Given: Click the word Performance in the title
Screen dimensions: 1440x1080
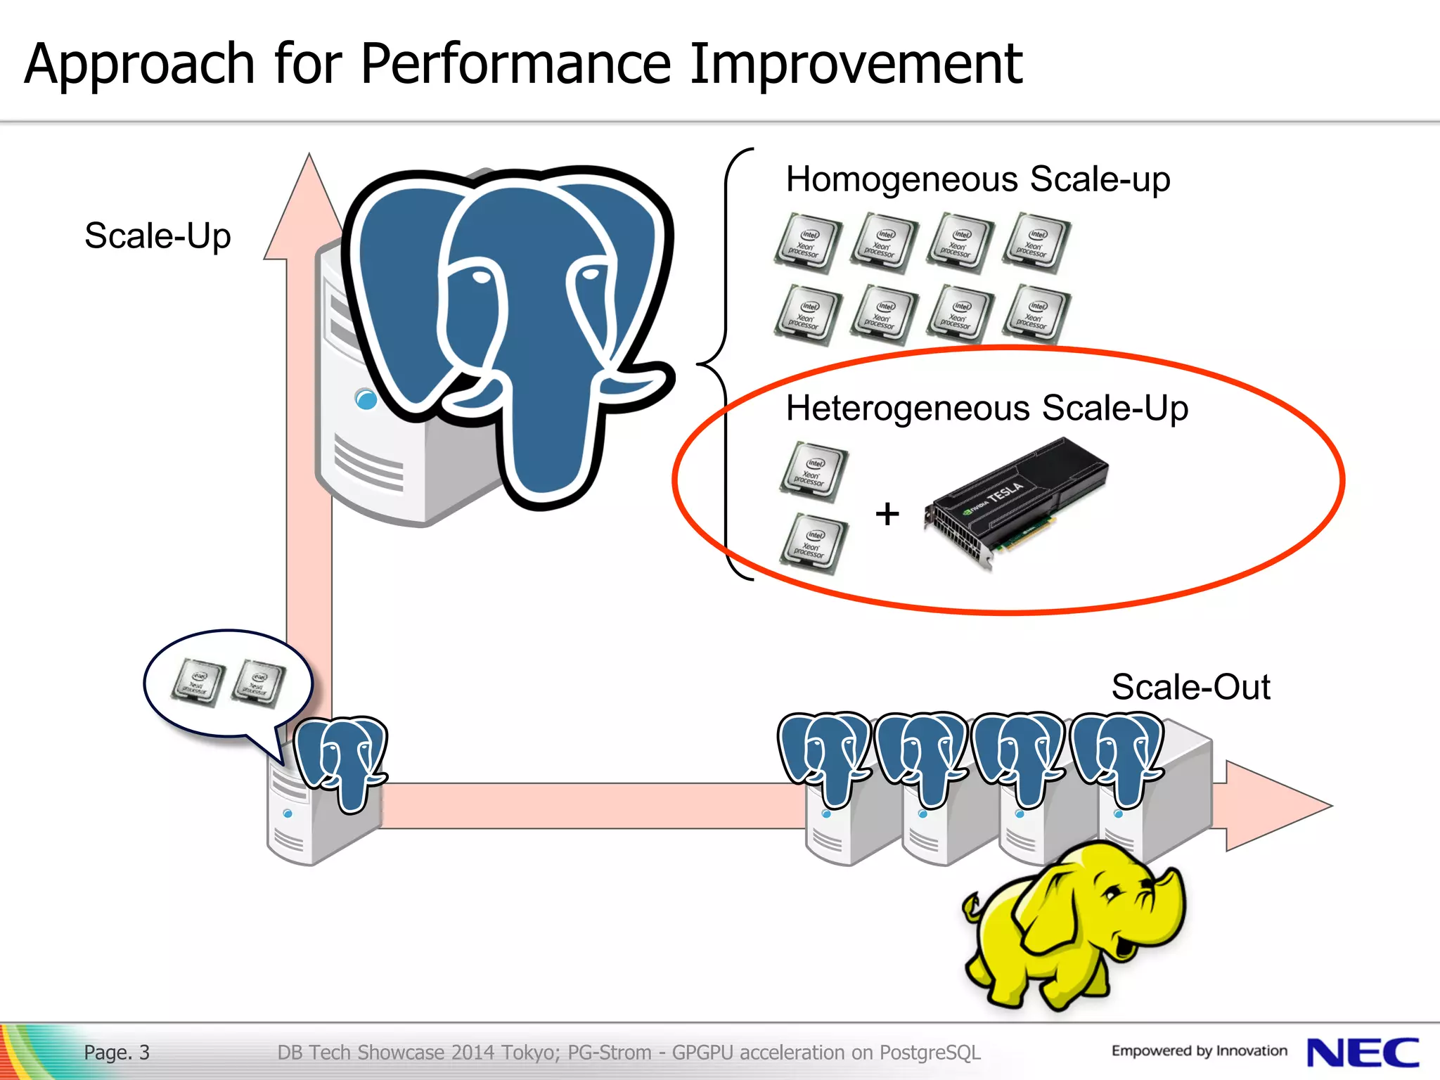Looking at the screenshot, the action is point(517,65).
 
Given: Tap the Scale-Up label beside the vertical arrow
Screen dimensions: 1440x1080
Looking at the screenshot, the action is point(157,236).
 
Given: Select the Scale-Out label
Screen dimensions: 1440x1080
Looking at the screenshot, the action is point(1190,687).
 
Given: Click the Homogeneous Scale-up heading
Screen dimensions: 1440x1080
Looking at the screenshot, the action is point(977,179).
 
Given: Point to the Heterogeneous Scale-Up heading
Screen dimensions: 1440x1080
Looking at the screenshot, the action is point(986,409).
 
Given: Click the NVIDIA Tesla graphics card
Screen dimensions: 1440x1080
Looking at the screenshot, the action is point(1017,502).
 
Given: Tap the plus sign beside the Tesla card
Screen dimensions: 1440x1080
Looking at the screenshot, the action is point(887,513).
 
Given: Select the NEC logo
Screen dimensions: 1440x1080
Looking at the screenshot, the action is point(1362,1053).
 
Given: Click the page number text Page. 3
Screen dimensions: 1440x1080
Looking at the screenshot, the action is point(117,1053).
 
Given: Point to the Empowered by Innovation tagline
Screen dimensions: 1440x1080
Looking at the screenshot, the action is point(1199,1051).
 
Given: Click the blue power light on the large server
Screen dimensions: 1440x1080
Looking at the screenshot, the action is point(366,399).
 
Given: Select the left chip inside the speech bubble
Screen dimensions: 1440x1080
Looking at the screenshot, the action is point(198,682).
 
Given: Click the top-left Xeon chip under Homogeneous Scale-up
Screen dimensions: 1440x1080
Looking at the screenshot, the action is point(808,243).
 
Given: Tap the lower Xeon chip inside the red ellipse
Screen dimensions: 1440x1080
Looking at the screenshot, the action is point(814,544).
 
